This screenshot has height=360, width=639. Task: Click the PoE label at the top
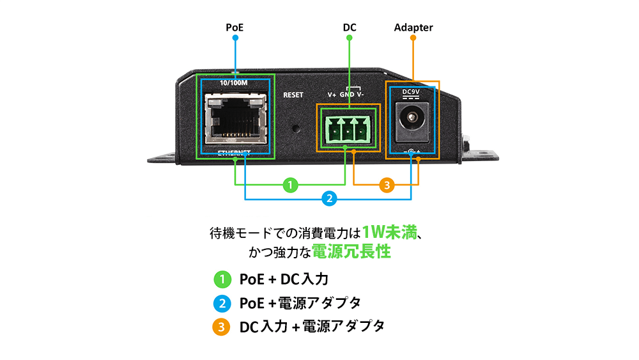tap(235, 27)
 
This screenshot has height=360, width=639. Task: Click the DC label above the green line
tap(350, 27)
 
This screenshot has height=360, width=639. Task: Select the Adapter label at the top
tap(413, 27)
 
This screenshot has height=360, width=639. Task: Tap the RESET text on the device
tap(293, 95)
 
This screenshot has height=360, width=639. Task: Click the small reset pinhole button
tap(296, 127)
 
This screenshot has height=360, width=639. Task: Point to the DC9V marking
tap(410, 91)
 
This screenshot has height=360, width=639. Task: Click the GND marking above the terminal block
tap(347, 95)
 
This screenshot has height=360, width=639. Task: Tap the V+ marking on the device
tap(332, 95)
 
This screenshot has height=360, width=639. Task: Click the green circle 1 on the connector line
tap(290, 185)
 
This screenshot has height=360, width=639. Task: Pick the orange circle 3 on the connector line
tap(387, 185)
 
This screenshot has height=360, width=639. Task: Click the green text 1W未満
tap(389, 232)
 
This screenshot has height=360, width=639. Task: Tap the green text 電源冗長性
tap(351, 252)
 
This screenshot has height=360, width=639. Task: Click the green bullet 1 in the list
tap(221, 279)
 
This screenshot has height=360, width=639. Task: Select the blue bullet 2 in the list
tap(221, 302)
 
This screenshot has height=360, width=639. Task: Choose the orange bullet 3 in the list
tap(221, 327)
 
